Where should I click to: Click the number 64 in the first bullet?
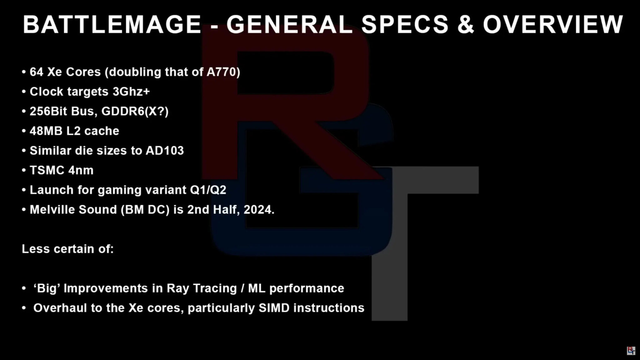click(36, 72)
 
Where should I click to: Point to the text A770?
click(222, 72)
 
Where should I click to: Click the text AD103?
click(165, 151)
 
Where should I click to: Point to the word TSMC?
click(47, 170)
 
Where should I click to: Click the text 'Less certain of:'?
click(68, 249)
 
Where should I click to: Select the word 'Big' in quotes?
click(47, 288)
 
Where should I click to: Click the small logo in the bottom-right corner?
click(631, 350)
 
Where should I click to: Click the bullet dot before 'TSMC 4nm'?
click(24, 171)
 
